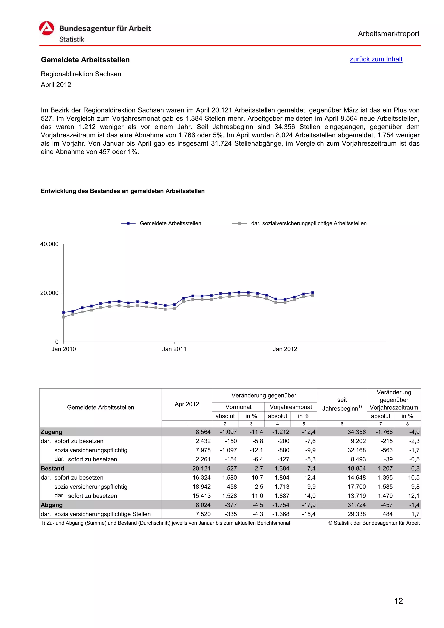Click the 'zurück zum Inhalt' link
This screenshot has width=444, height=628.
coord(376,59)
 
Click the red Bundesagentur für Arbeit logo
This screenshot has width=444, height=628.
coord(47,28)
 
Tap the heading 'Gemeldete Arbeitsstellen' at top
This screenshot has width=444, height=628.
coord(85,60)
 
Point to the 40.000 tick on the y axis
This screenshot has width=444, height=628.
coord(49,244)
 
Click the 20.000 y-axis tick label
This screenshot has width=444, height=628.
coord(49,293)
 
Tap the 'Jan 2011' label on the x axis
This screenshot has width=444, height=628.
coord(174,349)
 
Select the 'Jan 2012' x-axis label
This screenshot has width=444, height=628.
coord(285,349)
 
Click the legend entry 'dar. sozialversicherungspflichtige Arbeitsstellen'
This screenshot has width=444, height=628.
coord(309,223)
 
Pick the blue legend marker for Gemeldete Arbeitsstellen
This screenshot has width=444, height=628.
coord(128,223)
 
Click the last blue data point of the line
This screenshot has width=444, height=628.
coord(313,293)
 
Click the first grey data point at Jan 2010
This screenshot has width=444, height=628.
coord(64,317)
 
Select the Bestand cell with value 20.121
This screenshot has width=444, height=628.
coord(201,468)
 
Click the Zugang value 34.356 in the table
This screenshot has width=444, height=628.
coord(356,432)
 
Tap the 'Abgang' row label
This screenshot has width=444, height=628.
coord(52,505)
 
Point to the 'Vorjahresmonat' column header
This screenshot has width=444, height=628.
coord(291,407)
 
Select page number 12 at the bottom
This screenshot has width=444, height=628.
coord(398,601)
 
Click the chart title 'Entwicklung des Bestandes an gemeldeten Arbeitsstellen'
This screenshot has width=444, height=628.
coord(122,191)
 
